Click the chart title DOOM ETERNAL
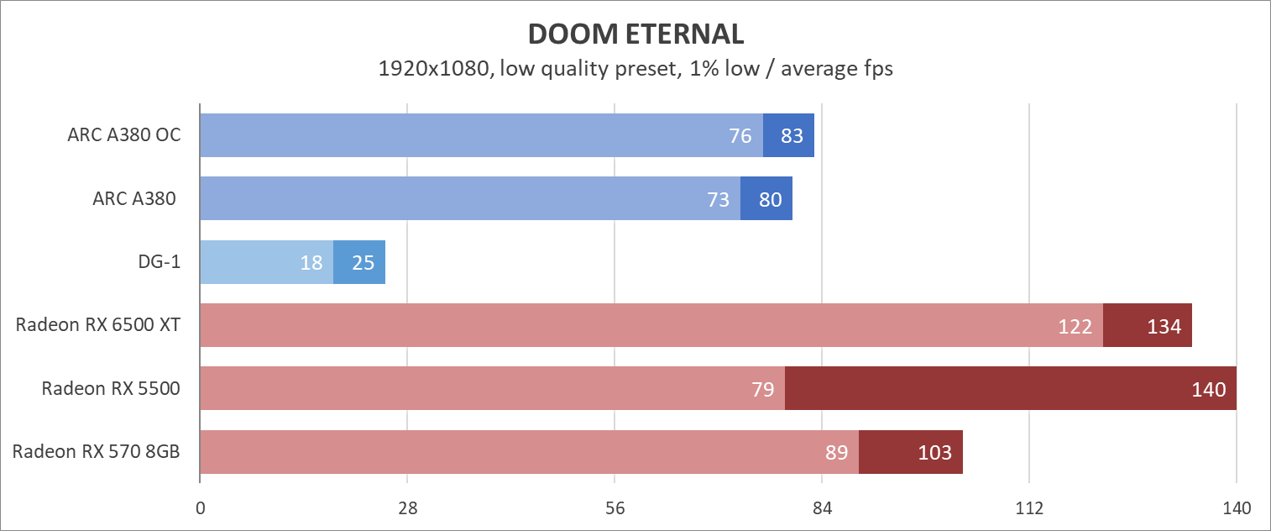[635, 34]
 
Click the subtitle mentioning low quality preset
[635, 69]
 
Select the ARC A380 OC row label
[124, 135]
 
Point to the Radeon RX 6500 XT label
[98, 325]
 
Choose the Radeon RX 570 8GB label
[97, 452]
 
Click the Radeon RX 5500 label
[111, 388]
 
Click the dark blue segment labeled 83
[789, 135]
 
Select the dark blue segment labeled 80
[766, 199]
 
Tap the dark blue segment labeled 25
[359, 262]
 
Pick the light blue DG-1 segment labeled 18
[266, 262]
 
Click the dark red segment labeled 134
[1148, 325]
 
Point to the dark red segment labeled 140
[1011, 388]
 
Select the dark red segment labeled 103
[911, 452]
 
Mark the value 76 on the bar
[740, 135]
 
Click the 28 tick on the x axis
[407, 508]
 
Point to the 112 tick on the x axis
[1029, 508]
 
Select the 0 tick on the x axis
[200, 508]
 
